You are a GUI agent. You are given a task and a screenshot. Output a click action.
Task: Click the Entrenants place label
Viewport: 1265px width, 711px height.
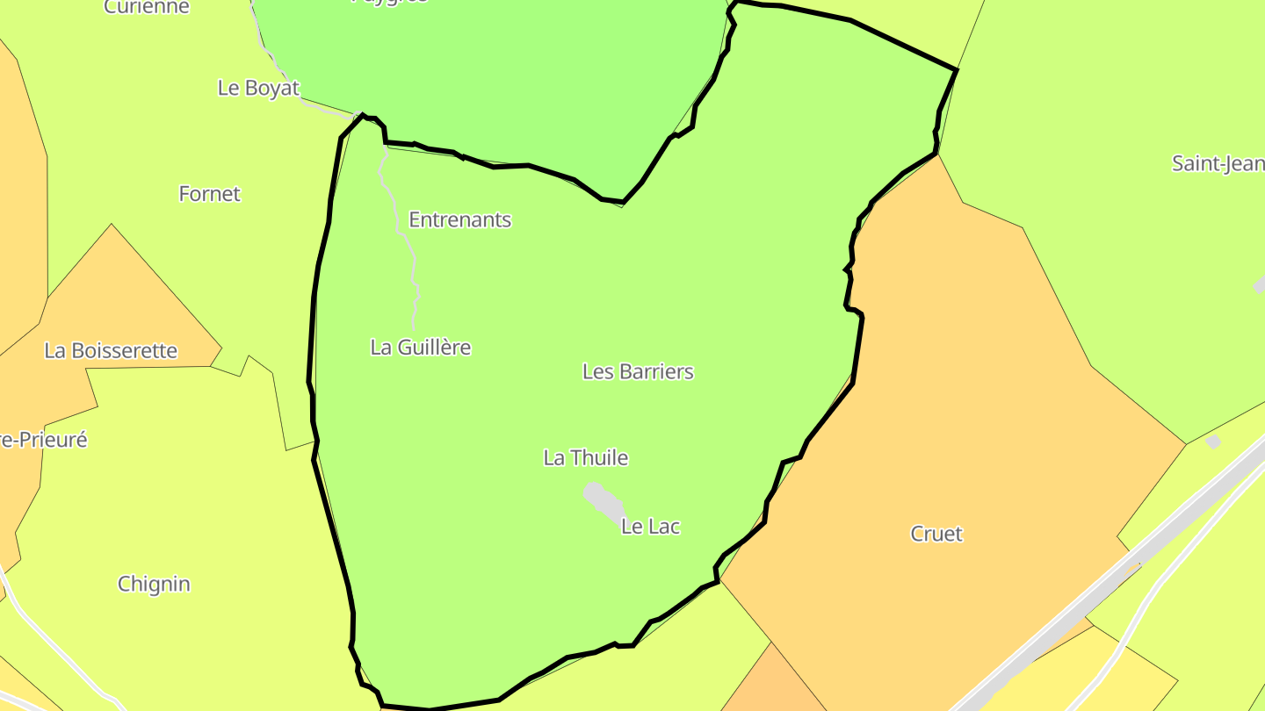459,219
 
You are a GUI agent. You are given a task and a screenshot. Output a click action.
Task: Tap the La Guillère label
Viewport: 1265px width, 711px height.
420,348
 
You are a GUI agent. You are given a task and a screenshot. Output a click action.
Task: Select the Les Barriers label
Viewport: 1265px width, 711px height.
638,371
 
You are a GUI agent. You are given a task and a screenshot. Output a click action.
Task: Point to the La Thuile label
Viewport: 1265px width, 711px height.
586,457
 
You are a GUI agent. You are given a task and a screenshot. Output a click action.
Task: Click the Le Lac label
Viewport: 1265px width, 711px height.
650,527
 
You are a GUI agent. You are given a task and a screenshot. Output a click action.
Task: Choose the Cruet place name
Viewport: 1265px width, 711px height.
936,534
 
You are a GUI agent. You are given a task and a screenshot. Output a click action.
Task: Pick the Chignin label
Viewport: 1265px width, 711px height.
154,584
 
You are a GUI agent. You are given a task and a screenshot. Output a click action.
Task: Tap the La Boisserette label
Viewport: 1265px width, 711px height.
111,351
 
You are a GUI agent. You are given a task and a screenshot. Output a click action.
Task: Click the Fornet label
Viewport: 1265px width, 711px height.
209,194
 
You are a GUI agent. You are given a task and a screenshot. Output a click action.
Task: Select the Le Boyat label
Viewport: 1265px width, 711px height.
258,88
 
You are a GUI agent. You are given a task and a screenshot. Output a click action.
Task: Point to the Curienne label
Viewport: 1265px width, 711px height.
146,7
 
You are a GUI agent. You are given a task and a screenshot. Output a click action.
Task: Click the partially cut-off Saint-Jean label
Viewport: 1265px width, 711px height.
1218,163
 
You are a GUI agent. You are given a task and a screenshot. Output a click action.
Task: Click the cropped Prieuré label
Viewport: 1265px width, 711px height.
44,440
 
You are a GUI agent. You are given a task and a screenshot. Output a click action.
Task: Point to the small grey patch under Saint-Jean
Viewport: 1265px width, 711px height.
1260,284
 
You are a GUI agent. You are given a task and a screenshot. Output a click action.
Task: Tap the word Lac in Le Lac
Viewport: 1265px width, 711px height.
664,527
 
